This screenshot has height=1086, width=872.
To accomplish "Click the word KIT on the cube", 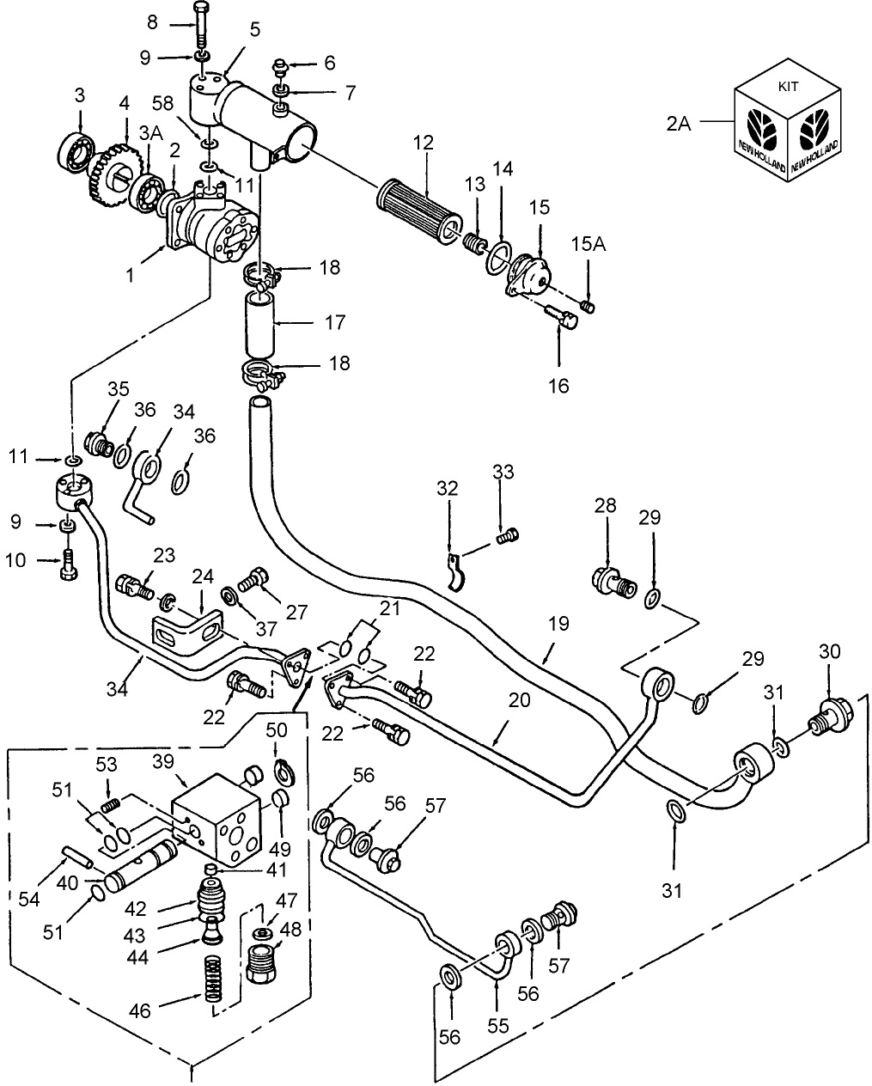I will tap(787, 87).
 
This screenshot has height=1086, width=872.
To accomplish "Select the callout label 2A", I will tap(678, 123).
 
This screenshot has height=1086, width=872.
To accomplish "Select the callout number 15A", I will tap(588, 245).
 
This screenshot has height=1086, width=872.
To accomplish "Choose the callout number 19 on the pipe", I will tap(558, 624).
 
